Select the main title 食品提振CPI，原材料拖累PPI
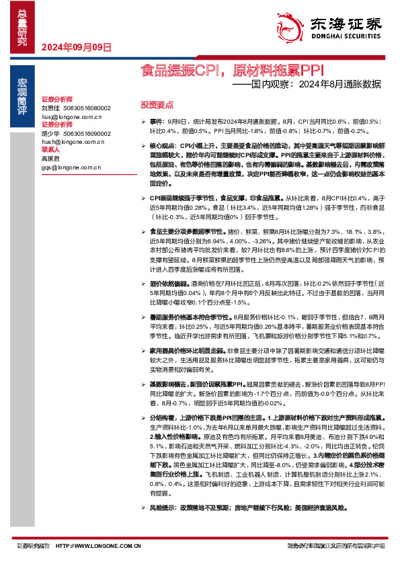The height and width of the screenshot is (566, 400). click(232, 70)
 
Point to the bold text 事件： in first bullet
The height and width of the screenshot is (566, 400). click(157, 121)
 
